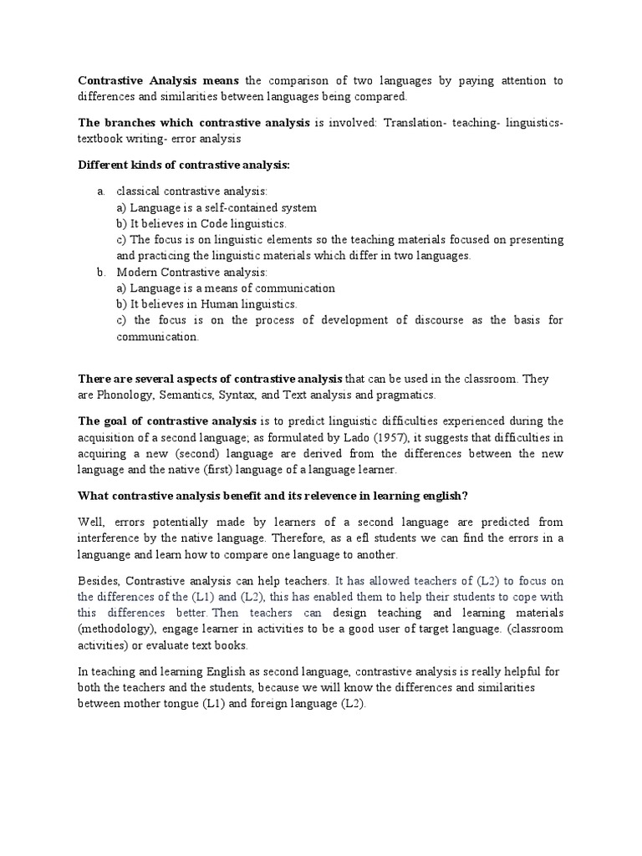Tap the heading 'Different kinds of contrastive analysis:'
coord(184,165)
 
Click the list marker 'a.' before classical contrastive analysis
coord(101,191)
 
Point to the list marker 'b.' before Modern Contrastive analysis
coord(101,272)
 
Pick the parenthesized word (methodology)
coord(120,629)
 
